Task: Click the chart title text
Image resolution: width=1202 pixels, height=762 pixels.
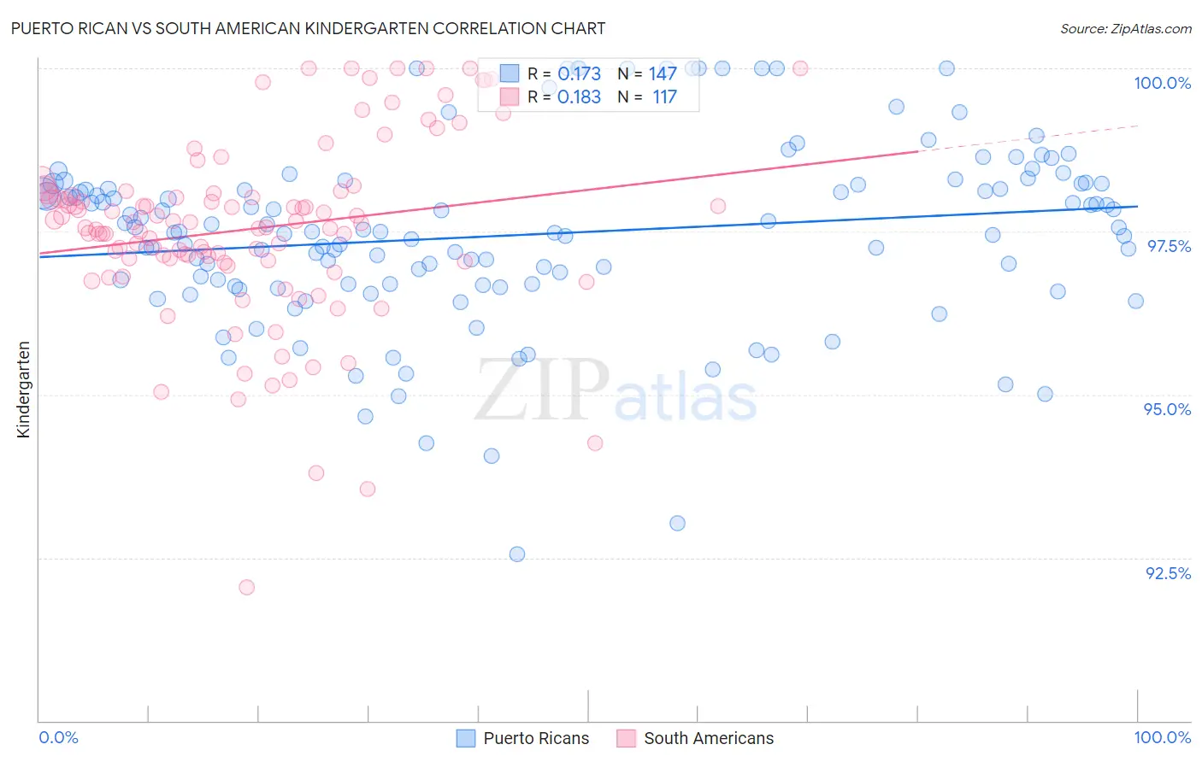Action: click(x=309, y=28)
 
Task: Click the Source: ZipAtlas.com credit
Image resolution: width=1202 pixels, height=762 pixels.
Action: click(x=1125, y=28)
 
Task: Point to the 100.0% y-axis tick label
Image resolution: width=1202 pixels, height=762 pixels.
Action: click(x=1162, y=83)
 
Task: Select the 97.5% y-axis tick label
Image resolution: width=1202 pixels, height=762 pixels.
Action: click(x=1169, y=246)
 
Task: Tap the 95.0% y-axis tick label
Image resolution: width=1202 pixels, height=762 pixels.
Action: click(x=1167, y=409)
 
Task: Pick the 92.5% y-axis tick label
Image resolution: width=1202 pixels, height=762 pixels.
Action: click(x=1168, y=573)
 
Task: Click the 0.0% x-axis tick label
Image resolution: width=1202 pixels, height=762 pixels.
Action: click(x=58, y=737)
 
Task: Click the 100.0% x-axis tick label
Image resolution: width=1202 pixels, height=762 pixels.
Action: click(x=1162, y=737)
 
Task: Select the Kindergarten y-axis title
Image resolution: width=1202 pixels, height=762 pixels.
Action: click(x=24, y=390)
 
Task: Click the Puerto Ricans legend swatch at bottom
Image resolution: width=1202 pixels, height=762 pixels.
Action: click(x=466, y=738)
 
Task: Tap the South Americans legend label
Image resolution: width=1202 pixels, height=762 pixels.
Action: click(x=708, y=738)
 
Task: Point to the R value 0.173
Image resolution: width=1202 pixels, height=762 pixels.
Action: click(x=579, y=74)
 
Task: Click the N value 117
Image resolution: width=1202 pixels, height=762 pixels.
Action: click(x=664, y=97)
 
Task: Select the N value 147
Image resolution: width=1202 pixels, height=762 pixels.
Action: click(x=663, y=74)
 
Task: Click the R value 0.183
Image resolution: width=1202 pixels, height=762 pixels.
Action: click(x=579, y=97)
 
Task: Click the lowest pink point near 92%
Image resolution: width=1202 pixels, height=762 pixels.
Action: click(x=246, y=587)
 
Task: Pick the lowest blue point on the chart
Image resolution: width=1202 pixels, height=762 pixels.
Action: click(x=517, y=554)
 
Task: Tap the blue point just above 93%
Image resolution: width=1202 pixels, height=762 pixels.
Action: click(x=677, y=523)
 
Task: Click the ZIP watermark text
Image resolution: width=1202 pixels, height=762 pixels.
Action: click(x=541, y=390)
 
